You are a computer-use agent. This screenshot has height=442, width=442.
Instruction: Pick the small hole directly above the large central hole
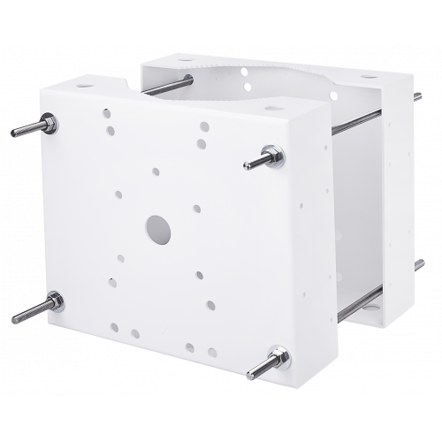point(156,172)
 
